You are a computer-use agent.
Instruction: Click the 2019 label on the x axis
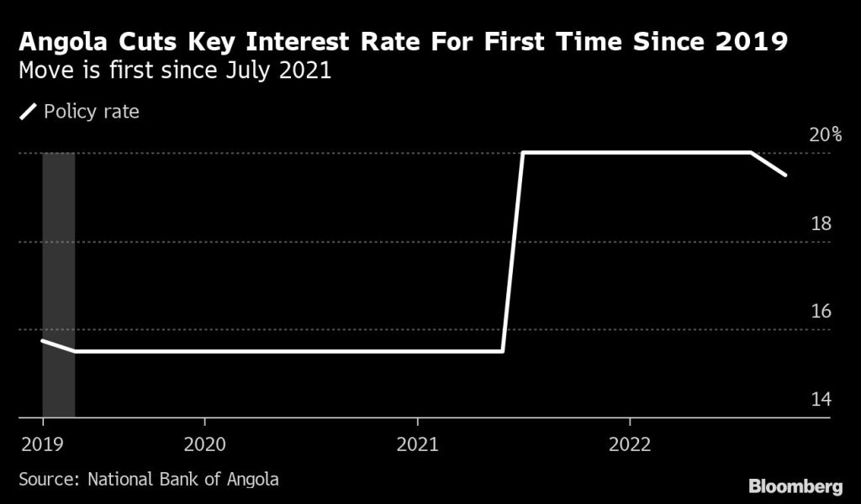coord(38,444)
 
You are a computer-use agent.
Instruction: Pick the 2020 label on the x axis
coord(205,444)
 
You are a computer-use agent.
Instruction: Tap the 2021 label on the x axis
coord(418,444)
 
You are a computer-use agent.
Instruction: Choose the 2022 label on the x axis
coord(630,444)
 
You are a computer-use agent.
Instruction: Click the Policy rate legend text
coord(91,112)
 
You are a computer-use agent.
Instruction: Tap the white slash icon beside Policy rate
coord(29,112)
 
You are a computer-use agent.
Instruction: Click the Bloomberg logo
coord(795,486)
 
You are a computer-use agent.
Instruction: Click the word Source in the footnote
coord(46,480)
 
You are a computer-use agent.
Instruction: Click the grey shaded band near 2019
coord(58,286)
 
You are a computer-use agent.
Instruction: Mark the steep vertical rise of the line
coord(513,252)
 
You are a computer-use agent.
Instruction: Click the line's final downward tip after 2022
coord(784,174)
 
